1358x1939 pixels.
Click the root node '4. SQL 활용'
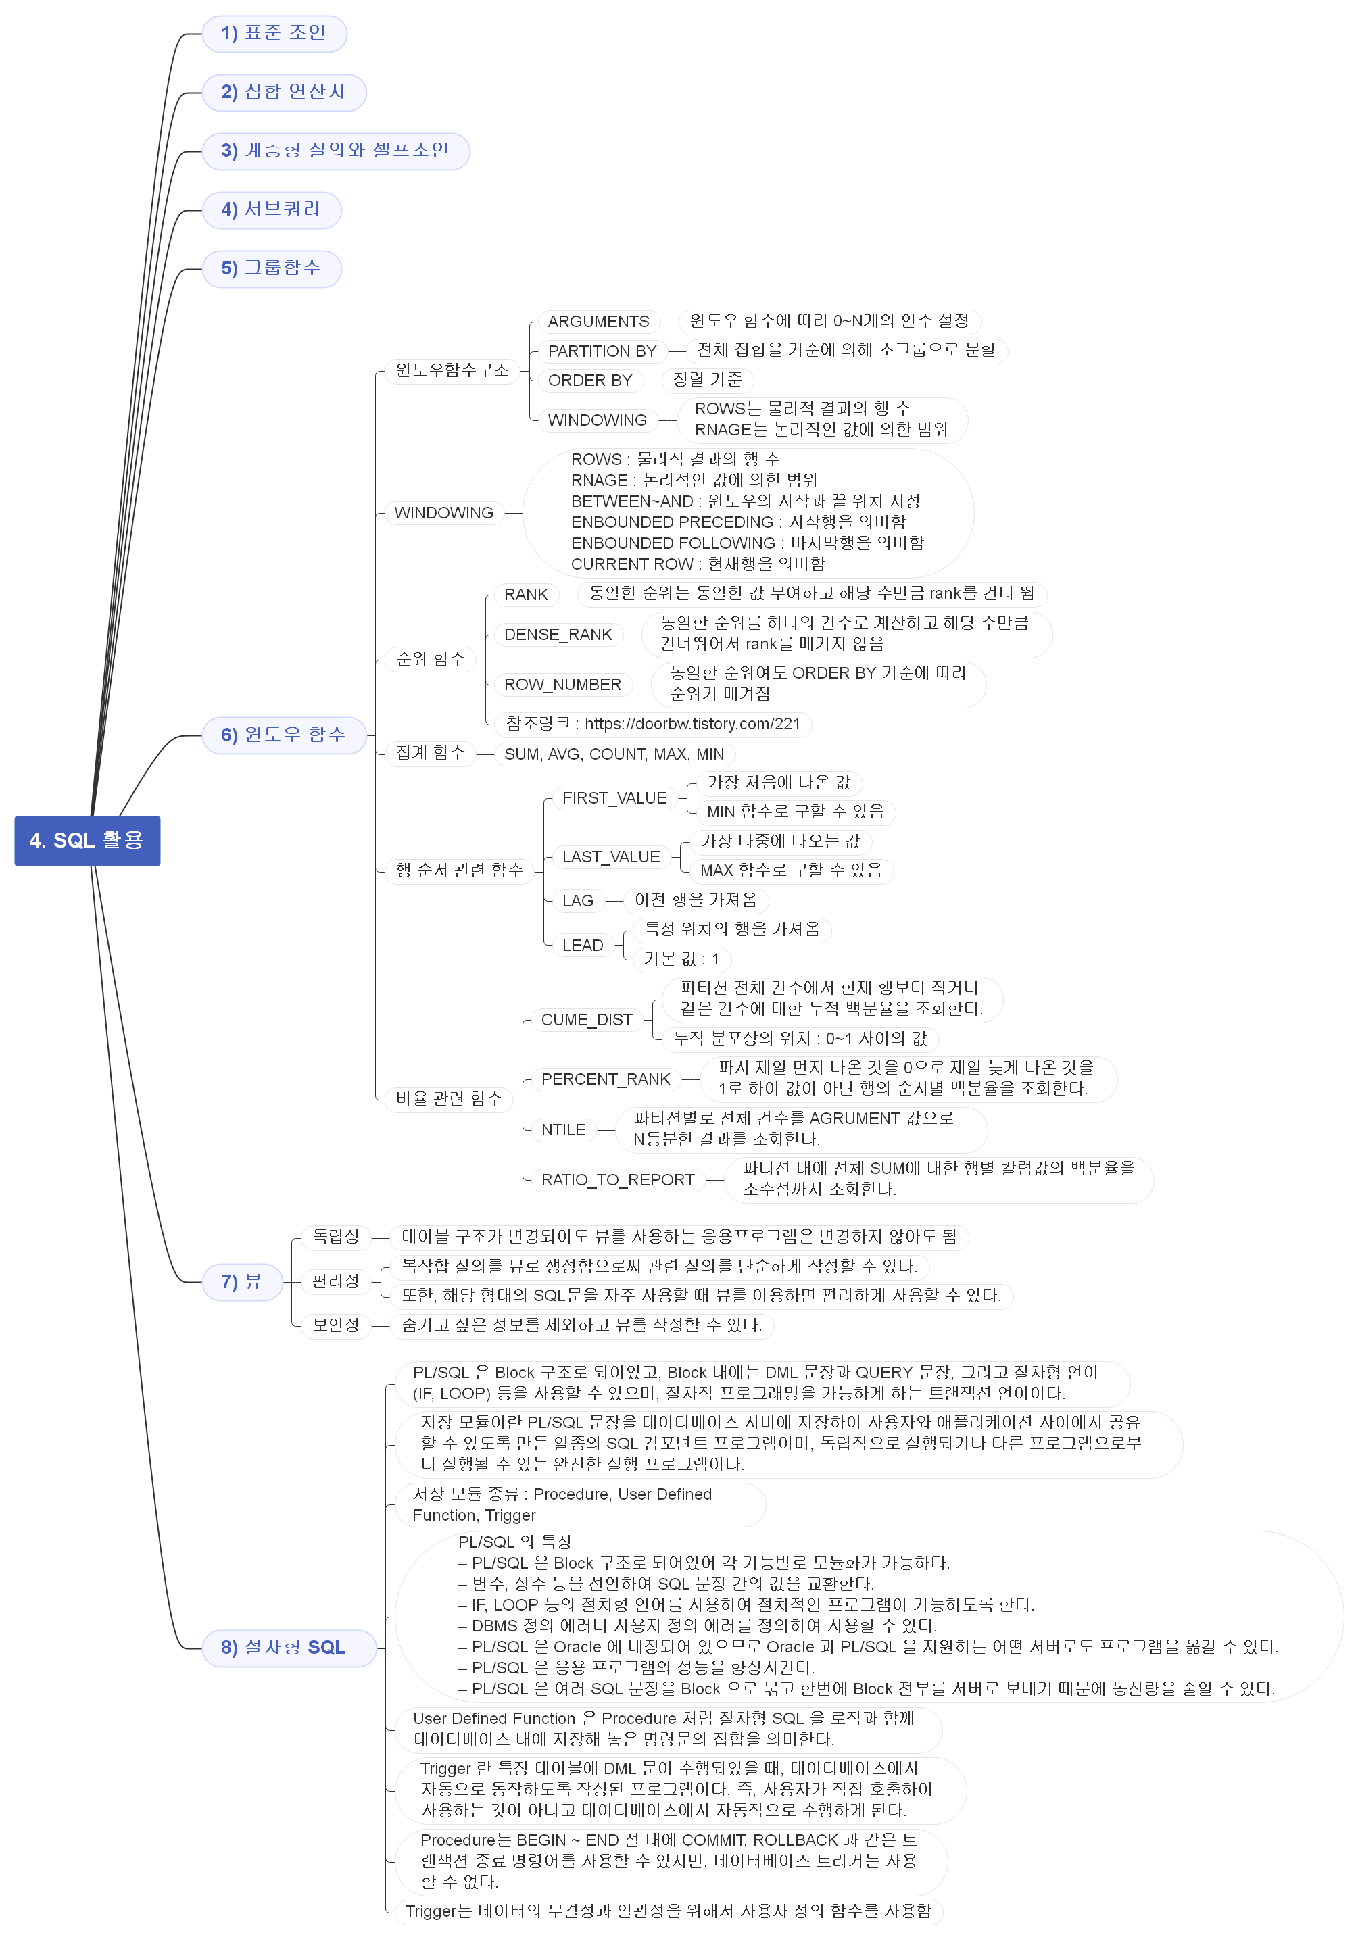87,840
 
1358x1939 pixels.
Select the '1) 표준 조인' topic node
274,34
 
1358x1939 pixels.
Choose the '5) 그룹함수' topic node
272,268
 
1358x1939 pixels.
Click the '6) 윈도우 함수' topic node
284,735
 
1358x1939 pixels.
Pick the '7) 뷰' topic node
241,1282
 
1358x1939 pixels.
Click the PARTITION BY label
602,351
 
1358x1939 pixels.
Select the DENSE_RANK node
558,634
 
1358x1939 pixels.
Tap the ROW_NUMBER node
562,684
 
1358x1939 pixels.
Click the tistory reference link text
691,724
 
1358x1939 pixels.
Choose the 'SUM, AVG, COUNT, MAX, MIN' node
614,754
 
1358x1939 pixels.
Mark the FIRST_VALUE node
614,798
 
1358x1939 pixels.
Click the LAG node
578,900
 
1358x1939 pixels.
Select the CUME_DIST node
586,1020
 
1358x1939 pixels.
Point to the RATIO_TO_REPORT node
617,1180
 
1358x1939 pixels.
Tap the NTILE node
563,1130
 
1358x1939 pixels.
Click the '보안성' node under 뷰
335,1325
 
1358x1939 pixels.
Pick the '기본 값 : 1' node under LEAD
681,958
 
